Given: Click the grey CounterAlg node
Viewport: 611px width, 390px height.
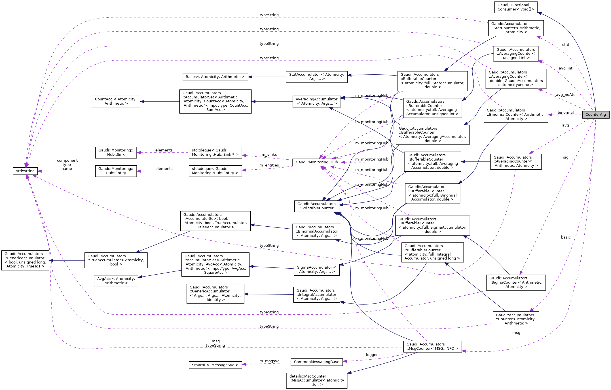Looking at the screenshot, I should coord(595,115).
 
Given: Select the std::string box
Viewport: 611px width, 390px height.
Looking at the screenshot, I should coord(25,171).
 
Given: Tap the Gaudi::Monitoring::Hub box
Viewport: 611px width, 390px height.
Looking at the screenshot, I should coord(316,162).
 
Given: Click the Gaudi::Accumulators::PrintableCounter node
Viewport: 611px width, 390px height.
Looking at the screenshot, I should coord(316,206).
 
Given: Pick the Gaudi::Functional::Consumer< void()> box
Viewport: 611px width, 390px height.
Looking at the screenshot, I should coord(515,7).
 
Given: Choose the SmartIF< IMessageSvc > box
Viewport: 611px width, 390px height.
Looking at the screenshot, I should coord(215,365).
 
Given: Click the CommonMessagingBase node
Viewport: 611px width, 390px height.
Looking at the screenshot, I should coord(316,362).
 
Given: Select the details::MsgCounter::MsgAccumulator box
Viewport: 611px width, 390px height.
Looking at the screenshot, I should coord(316,380).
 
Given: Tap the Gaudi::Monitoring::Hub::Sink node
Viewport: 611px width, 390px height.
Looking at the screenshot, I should coord(116,152).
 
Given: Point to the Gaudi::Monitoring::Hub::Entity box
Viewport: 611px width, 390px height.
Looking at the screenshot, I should coord(116,171).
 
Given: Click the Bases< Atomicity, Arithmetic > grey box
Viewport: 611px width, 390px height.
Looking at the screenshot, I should coord(215,77).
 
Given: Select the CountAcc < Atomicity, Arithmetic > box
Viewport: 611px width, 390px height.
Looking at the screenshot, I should coord(116,101).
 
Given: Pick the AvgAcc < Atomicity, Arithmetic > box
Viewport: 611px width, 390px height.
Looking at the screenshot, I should coord(116,281).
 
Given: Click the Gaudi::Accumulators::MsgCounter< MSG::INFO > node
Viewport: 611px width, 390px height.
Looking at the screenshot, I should coord(432,346).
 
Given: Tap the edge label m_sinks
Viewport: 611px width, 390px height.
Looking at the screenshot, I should coord(269,155).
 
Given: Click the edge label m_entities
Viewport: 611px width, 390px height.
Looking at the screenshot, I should coord(269,165).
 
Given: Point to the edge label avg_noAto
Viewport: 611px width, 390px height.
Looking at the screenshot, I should coord(565,95).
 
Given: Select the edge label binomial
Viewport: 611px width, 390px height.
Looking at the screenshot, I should coord(565,113).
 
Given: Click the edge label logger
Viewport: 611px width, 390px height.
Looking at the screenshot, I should coord(371,355).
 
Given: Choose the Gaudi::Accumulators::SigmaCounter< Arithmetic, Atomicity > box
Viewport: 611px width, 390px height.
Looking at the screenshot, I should coord(515,283).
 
